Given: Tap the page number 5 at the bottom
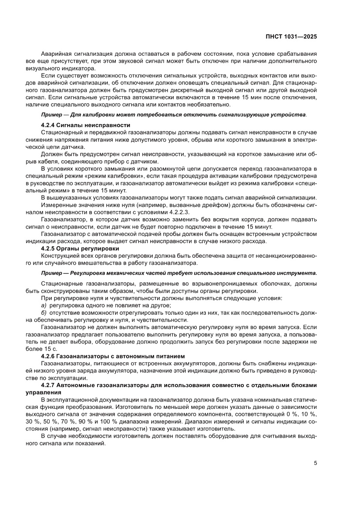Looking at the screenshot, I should tap(315, 463).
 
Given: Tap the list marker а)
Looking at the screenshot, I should tap(44, 306).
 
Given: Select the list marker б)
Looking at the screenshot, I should tap(44, 313).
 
